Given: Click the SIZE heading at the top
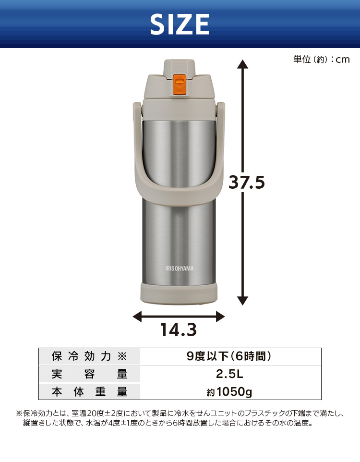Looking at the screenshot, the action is coord(180,24).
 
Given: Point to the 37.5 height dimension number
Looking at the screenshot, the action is coord(247,182).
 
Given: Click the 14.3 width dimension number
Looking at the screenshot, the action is coord(179,329).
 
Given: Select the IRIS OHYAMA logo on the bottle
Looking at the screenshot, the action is coord(180,268).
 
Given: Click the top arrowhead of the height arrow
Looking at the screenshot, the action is coord(242,64).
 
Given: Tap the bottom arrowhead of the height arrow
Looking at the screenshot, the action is coord(242,301).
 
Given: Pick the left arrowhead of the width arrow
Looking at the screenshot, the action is coord(137,317).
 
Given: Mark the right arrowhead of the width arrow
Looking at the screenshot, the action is coord(220,317).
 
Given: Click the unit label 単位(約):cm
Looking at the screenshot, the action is coord(322,59).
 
